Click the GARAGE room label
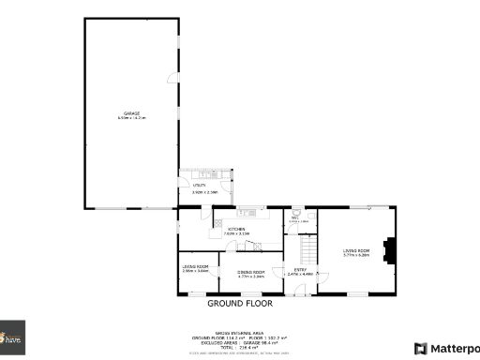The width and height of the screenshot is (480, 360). click(132, 112)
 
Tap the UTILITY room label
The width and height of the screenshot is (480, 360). click(199, 186)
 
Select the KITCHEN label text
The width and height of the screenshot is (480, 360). click(236, 228)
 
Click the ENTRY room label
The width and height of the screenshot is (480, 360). click(300, 270)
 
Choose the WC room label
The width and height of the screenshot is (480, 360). click(293, 217)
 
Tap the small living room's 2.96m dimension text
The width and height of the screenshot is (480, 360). click(195, 271)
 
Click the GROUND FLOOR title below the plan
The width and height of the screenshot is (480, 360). click(239, 304)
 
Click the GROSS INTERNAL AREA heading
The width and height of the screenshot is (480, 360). click(239, 332)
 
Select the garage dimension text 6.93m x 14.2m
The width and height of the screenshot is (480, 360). click(132, 117)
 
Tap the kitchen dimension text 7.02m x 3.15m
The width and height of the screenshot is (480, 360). click(236, 232)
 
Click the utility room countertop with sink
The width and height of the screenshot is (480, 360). click(207, 173)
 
